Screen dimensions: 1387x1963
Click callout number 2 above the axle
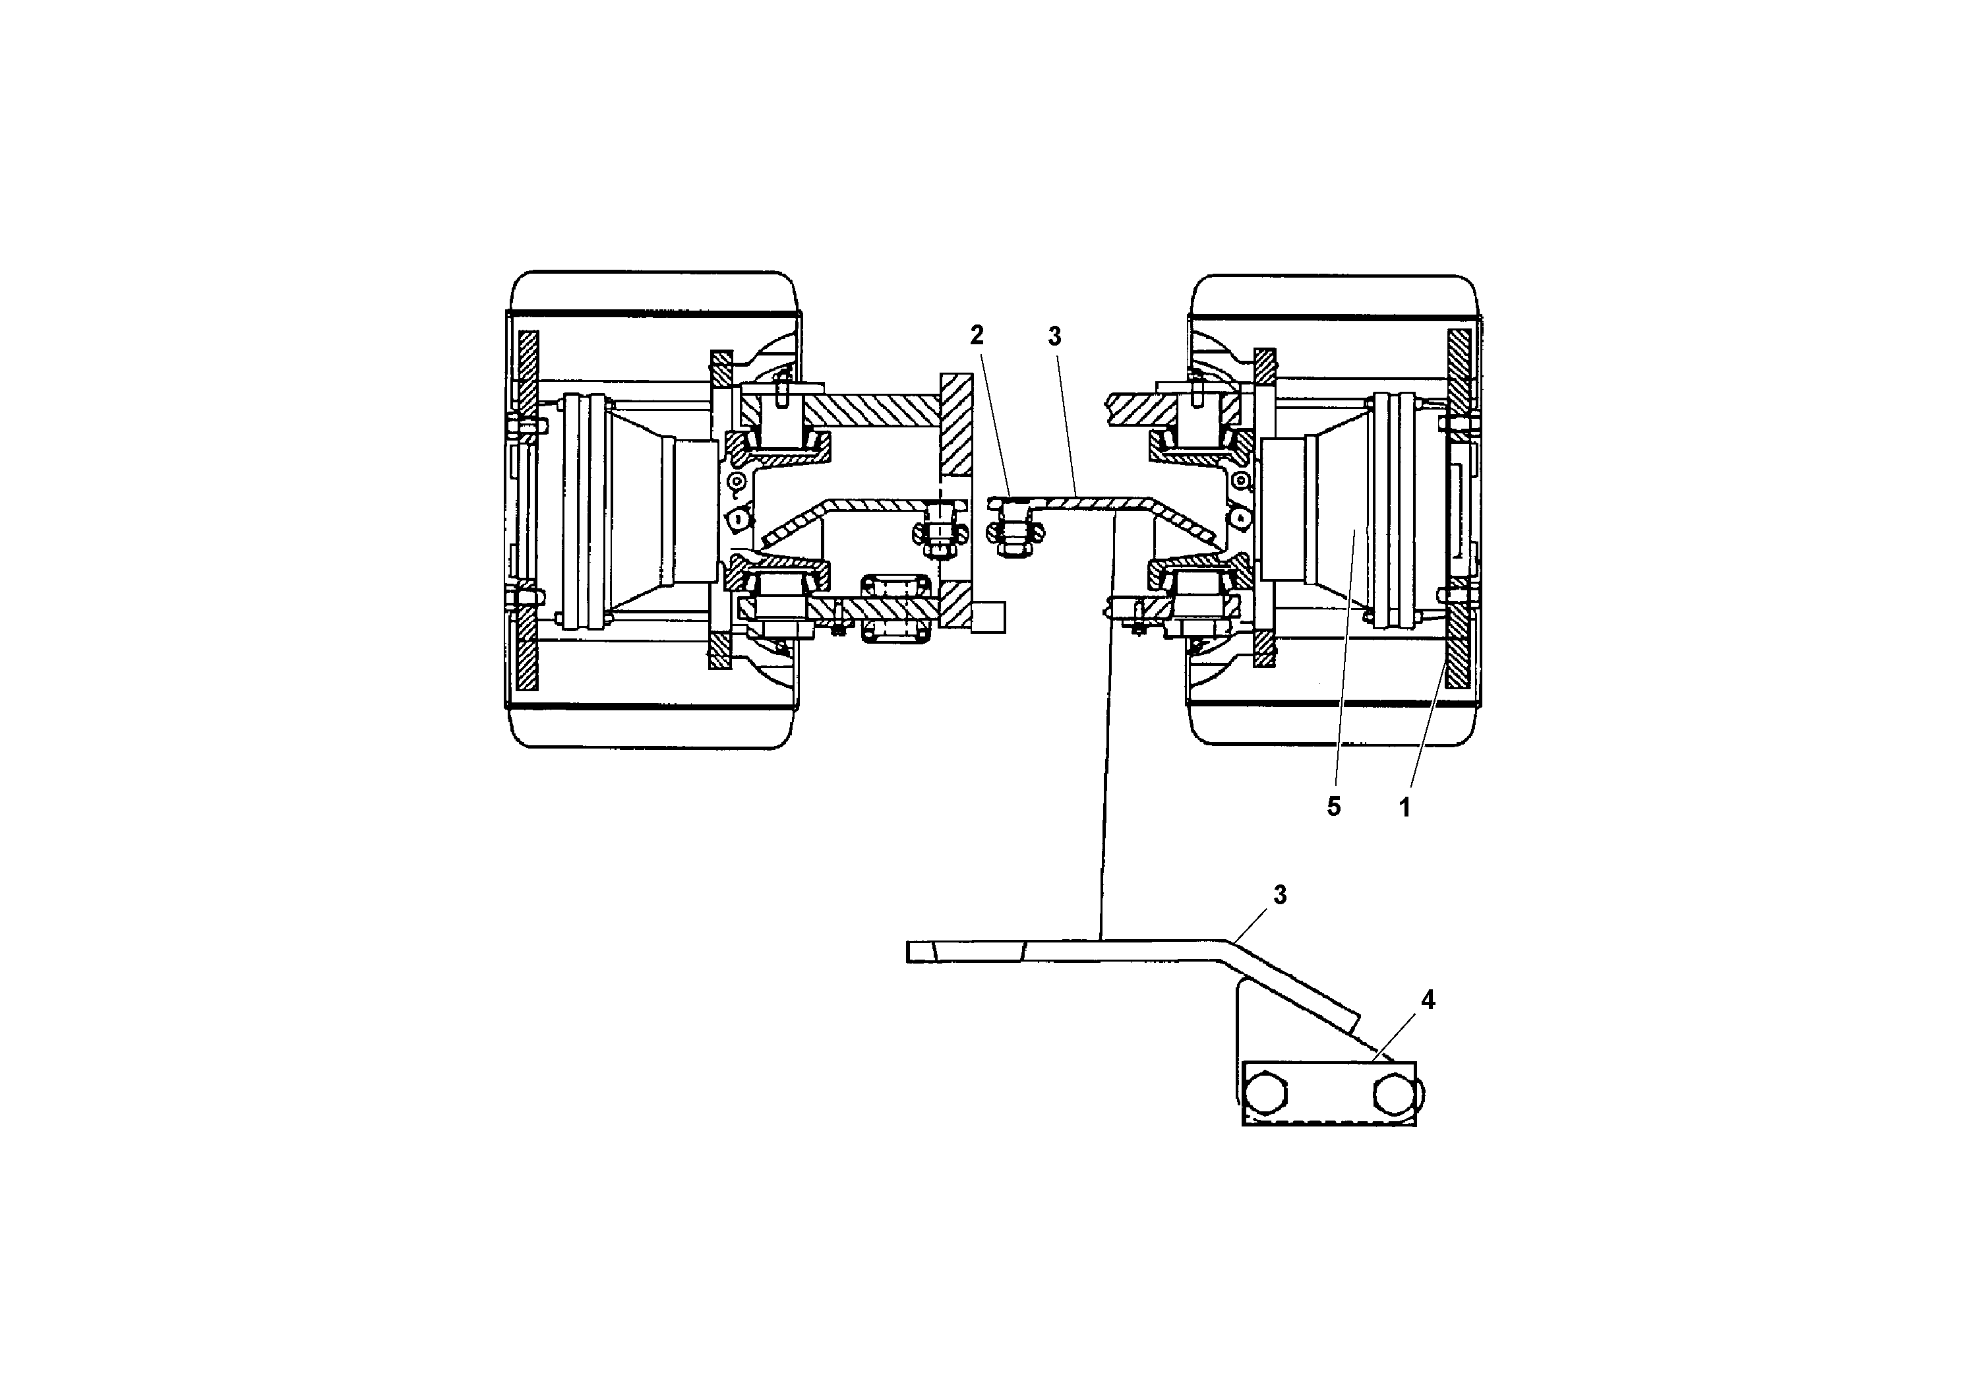[x=977, y=335]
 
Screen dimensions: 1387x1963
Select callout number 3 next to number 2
[x=1054, y=337]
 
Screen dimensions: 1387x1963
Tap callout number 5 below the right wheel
[x=1333, y=807]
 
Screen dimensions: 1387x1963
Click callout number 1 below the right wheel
[x=1404, y=807]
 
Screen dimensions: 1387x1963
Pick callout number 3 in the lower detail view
[x=1280, y=895]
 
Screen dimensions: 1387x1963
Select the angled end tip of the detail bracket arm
[x=1349, y=1020]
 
